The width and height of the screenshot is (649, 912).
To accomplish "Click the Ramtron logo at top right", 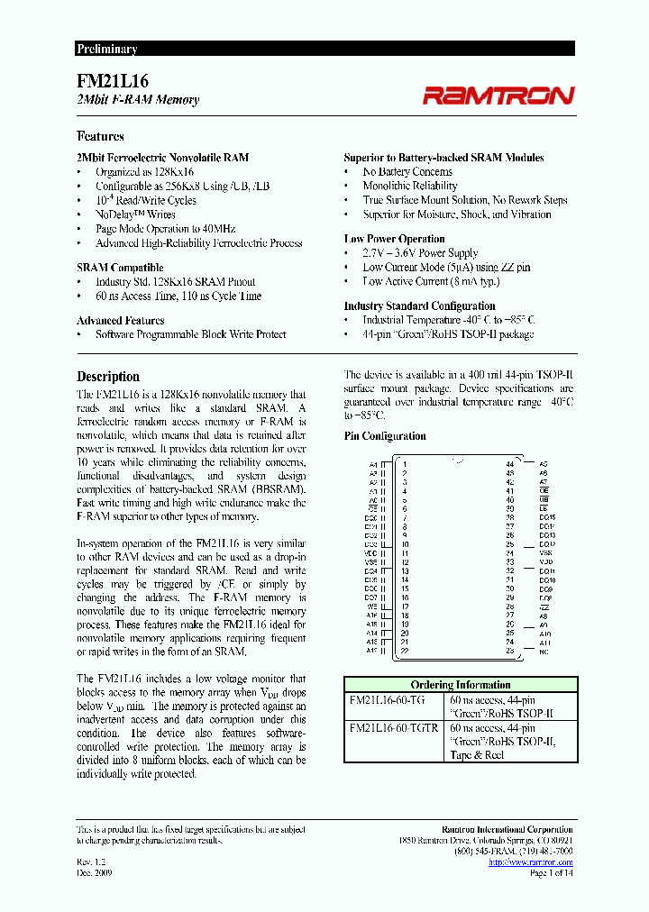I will tap(498, 95).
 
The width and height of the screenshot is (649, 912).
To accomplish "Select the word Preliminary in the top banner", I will tap(106, 50).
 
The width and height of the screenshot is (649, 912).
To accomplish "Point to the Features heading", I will tap(101, 136).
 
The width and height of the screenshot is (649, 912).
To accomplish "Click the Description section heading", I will tap(108, 377).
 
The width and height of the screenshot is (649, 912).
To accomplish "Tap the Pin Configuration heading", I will tap(385, 436).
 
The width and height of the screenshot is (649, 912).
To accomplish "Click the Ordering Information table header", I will tap(460, 685).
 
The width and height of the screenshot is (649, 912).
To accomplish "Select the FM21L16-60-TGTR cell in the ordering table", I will tap(394, 727).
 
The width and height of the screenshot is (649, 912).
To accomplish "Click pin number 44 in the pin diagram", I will tap(509, 464).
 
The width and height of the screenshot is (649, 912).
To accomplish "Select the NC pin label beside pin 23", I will tap(544, 651).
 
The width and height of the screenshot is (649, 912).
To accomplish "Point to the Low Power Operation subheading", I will tap(394, 239).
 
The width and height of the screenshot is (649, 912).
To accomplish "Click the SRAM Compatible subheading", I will tap(120, 268).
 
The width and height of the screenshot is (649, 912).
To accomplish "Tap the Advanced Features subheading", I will tap(120, 320).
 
